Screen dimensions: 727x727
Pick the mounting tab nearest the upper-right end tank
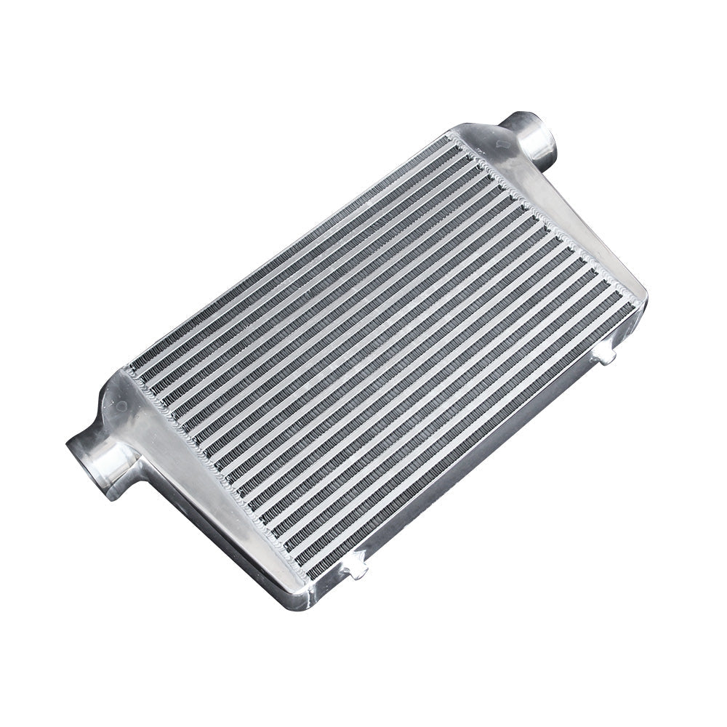(605, 354)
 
